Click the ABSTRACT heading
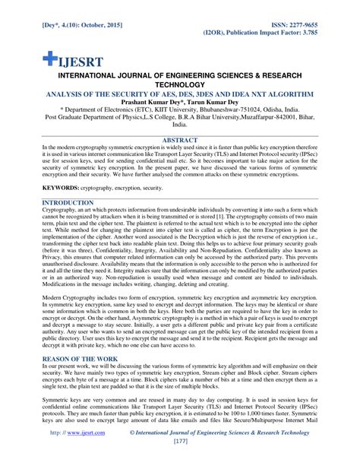click(x=180, y=141)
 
